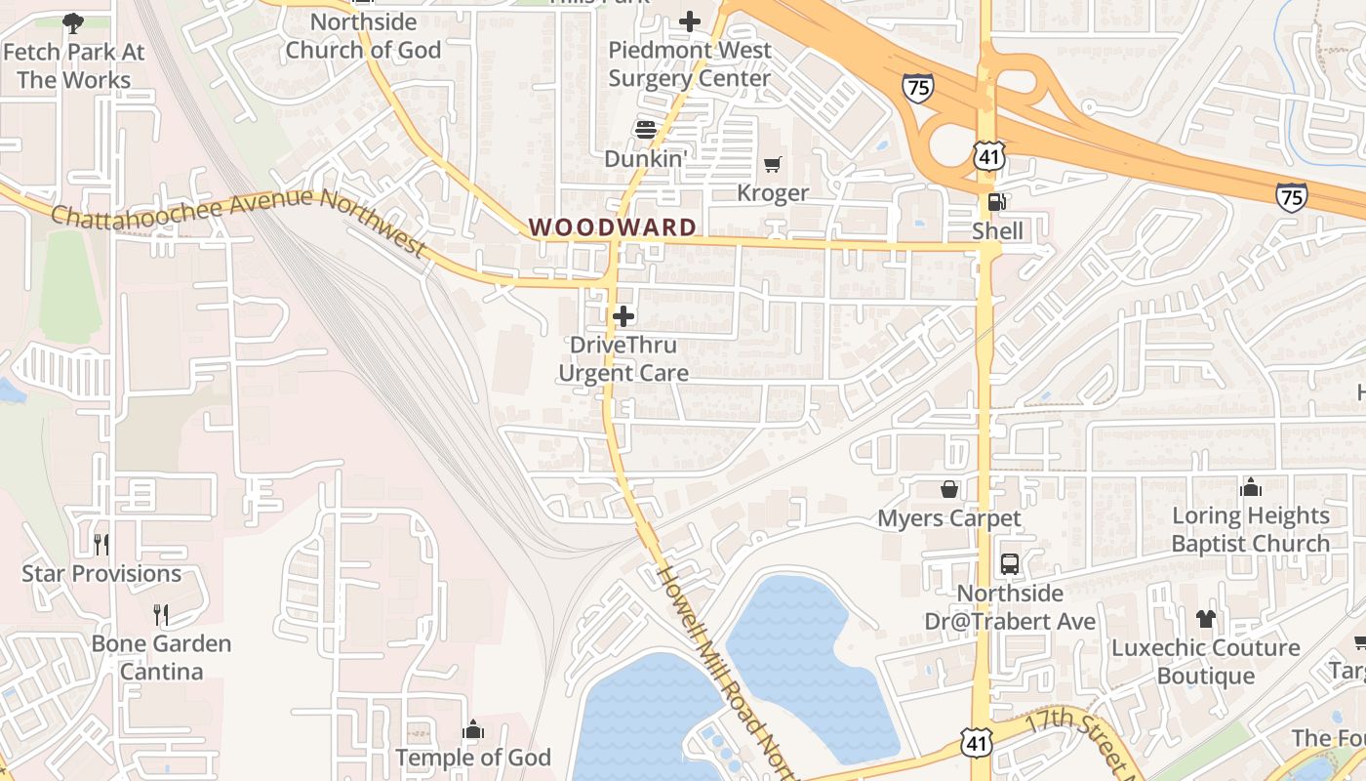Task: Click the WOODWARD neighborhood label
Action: (613, 227)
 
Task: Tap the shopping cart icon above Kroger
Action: (773, 165)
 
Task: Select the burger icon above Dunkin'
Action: (645, 129)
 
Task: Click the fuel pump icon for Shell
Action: (996, 202)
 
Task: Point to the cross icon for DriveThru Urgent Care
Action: (623, 316)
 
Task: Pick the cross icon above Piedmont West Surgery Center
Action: (690, 21)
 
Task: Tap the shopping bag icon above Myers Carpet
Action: (948, 489)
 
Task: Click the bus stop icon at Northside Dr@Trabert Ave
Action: (1009, 564)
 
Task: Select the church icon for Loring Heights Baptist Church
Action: (1250, 486)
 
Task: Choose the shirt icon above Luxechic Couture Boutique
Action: (1206, 619)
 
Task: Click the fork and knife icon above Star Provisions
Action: (101, 544)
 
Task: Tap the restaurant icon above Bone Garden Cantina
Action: (161, 614)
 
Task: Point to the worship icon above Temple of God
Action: (473, 729)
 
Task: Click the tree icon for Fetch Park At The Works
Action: (72, 21)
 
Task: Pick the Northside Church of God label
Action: (363, 36)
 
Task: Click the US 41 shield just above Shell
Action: (988, 154)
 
